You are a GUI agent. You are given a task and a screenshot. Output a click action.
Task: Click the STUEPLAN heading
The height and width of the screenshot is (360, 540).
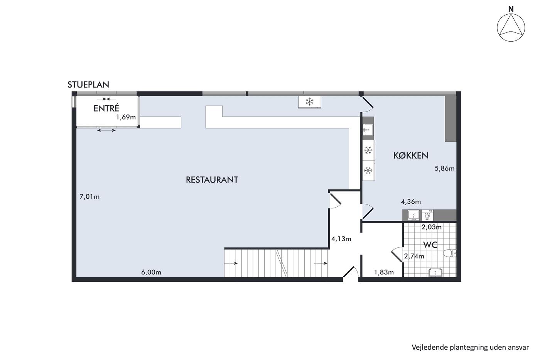coord(88,85)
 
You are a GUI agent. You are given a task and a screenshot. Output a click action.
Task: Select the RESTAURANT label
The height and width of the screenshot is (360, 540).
coord(212,180)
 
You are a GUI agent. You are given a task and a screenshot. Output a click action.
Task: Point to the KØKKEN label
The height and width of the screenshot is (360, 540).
coord(411,155)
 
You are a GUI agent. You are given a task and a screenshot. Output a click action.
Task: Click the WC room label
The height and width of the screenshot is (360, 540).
coord(430,245)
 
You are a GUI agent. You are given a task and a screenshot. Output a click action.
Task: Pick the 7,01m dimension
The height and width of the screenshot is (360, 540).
coord(89,197)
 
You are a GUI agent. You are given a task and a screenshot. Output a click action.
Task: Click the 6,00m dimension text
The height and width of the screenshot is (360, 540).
coord(151,272)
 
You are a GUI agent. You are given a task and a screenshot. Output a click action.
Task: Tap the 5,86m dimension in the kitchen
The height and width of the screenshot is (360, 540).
coord(444,168)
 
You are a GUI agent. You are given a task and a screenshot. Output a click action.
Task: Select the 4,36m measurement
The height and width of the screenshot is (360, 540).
coord(411,201)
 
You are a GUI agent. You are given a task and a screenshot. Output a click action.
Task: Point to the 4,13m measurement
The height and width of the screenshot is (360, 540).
coord(341,239)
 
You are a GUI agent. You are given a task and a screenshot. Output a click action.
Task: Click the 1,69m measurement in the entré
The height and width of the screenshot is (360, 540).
coord(126,117)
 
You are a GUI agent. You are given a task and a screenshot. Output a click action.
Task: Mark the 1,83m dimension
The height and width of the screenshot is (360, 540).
coord(384,272)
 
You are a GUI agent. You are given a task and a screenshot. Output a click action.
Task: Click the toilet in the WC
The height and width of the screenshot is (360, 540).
coord(449,253)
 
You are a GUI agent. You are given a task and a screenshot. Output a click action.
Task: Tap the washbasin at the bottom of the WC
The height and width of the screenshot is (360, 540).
coord(435,272)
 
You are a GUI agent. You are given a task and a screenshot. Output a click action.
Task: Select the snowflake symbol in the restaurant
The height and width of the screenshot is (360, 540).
coord(309,102)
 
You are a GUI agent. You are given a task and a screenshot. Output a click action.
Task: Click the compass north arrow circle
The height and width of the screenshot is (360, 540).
coord(511,27)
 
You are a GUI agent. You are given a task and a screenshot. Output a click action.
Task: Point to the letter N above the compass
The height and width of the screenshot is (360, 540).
coord(511,9)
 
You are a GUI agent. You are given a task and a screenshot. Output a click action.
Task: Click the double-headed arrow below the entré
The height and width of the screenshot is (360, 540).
coord(106,130)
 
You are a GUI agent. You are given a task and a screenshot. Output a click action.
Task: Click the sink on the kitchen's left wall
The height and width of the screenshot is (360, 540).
coord(368,130)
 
